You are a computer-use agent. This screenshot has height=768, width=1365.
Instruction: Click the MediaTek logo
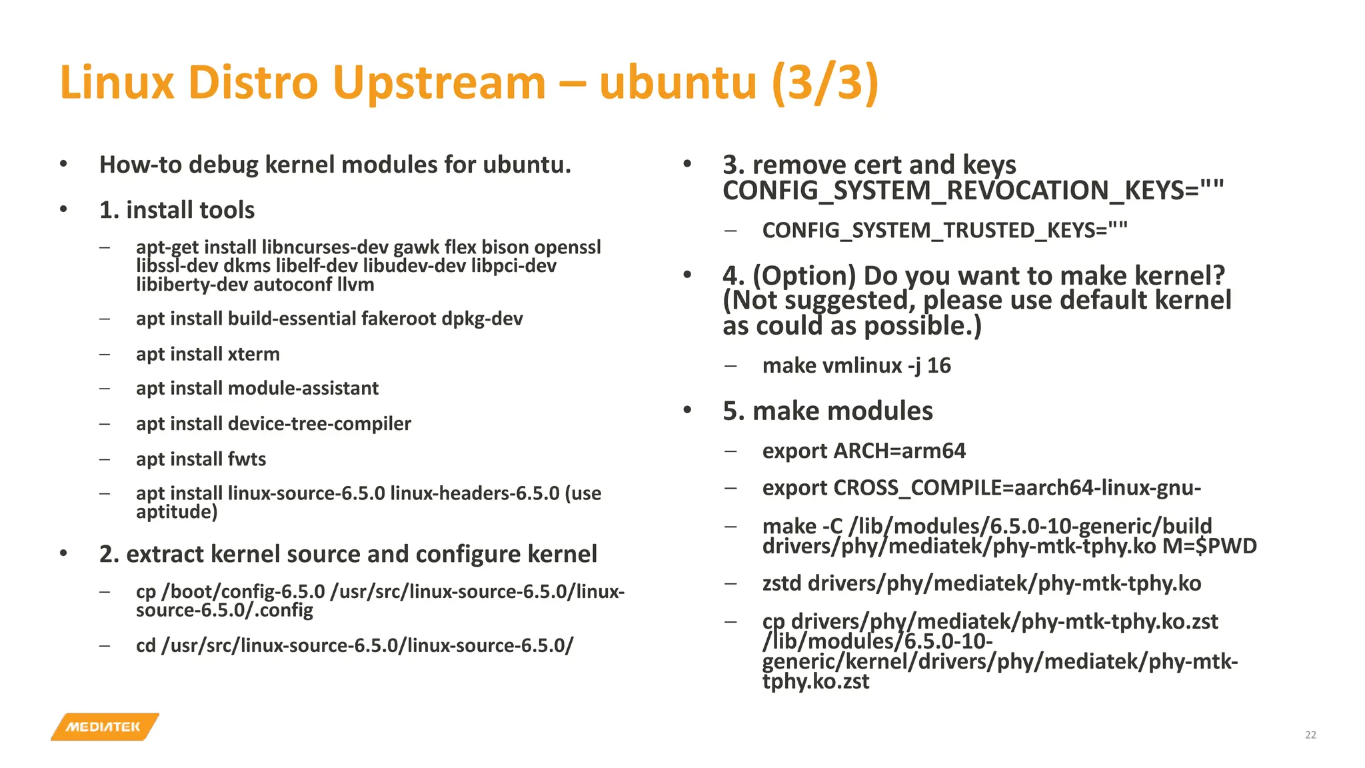[x=105, y=727]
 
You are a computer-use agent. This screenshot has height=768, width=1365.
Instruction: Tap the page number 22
[x=1310, y=735]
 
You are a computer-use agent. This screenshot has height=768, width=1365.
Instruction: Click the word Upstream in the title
[x=439, y=83]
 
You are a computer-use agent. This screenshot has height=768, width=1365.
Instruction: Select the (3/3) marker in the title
[x=825, y=83]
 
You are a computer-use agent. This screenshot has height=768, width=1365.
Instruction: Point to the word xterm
[x=253, y=354]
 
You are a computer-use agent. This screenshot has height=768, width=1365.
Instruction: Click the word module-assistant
[x=303, y=388]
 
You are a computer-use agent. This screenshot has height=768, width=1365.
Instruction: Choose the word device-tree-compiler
[x=319, y=423]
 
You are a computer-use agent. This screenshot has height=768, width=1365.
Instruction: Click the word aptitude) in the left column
[x=177, y=512]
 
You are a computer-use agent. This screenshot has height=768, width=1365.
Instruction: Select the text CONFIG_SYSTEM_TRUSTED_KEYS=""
[x=944, y=230]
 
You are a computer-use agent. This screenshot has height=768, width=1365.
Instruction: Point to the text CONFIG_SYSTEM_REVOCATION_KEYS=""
[x=973, y=191]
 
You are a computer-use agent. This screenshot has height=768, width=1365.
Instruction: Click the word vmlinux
[x=862, y=365]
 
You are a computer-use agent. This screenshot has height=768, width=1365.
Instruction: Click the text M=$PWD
[x=1209, y=547]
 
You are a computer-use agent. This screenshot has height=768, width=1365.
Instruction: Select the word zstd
[x=782, y=583]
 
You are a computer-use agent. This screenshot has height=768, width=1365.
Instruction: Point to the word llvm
[x=355, y=285]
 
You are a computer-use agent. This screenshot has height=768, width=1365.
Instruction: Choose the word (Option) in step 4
[x=804, y=275]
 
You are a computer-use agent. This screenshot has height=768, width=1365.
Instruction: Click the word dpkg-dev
[x=482, y=319]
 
